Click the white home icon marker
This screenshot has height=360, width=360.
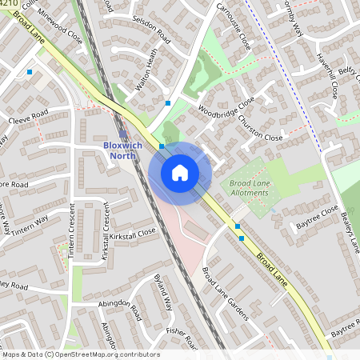(180, 172)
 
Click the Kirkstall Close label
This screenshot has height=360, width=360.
(134, 233)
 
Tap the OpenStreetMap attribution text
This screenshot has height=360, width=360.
(80, 354)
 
